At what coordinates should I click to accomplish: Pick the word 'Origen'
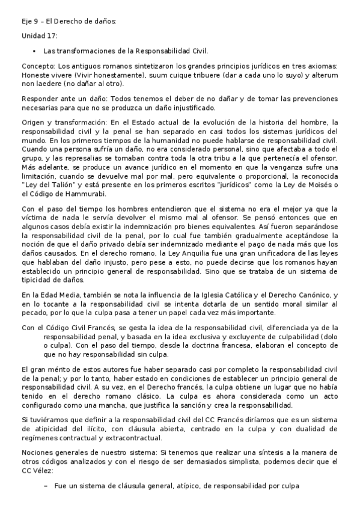34,121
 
